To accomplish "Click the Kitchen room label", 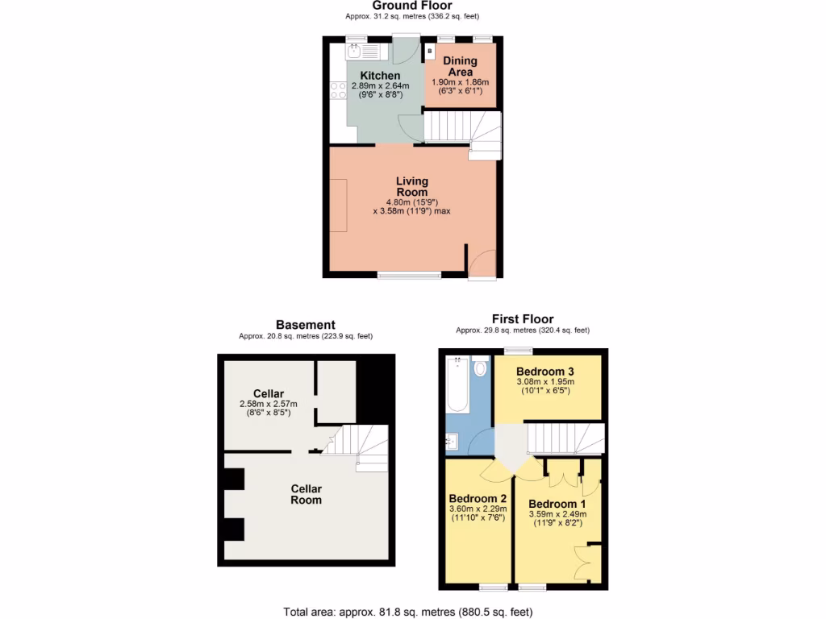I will pos(380,76).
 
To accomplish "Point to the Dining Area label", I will pos(460,66).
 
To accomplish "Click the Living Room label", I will pos(411,186).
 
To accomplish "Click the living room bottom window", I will pos(410,276).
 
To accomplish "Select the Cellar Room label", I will pos(307,494).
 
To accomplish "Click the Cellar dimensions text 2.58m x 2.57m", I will pos(269,404).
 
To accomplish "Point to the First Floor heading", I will pos(523,319).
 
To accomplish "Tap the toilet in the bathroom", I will pos(482,368).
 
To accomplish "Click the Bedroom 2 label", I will pos(478,498).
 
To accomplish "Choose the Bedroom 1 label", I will pos(557,504).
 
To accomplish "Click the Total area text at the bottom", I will pos(408,611).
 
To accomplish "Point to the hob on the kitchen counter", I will pos(337,89).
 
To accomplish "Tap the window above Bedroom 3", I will pos(519,351).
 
